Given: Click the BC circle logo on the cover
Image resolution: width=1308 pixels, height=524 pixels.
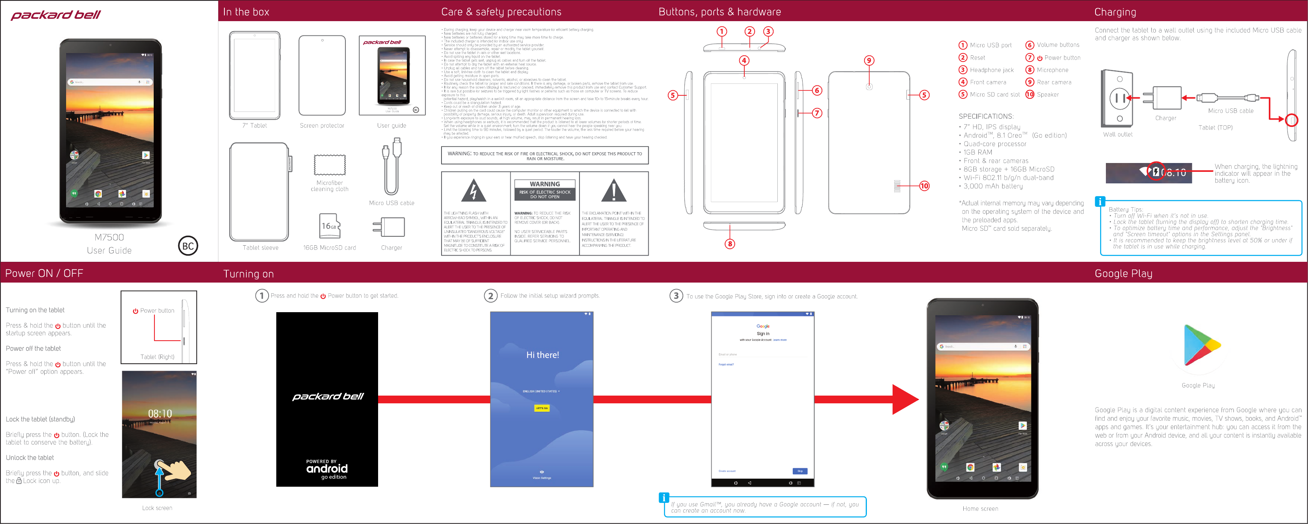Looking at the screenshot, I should click(188, 246).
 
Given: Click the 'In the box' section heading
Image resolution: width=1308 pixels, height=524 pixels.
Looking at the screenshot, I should click(246, 12).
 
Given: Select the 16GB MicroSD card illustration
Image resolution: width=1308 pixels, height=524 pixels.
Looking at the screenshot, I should click(330, 226).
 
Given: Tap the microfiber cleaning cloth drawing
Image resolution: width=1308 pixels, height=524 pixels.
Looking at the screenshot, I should click(330, 165).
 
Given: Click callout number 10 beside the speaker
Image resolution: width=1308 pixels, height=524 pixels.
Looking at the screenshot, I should click(924, 186).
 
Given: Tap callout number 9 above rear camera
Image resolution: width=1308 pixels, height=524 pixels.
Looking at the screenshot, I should click(869, 60).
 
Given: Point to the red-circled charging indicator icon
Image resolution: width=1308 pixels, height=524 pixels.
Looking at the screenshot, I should click(1156, 172).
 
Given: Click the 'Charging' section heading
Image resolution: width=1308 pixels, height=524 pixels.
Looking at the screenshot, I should click(1115, 12).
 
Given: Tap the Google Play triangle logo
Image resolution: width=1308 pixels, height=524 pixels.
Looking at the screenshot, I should click(1200, 346).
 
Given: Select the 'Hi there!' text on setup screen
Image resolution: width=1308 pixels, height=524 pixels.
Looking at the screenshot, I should click(542, 355).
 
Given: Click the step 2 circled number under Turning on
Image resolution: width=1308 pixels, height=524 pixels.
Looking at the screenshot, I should click(490, 296).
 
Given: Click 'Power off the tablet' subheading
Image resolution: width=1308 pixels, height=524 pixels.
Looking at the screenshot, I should click(33, 349).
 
